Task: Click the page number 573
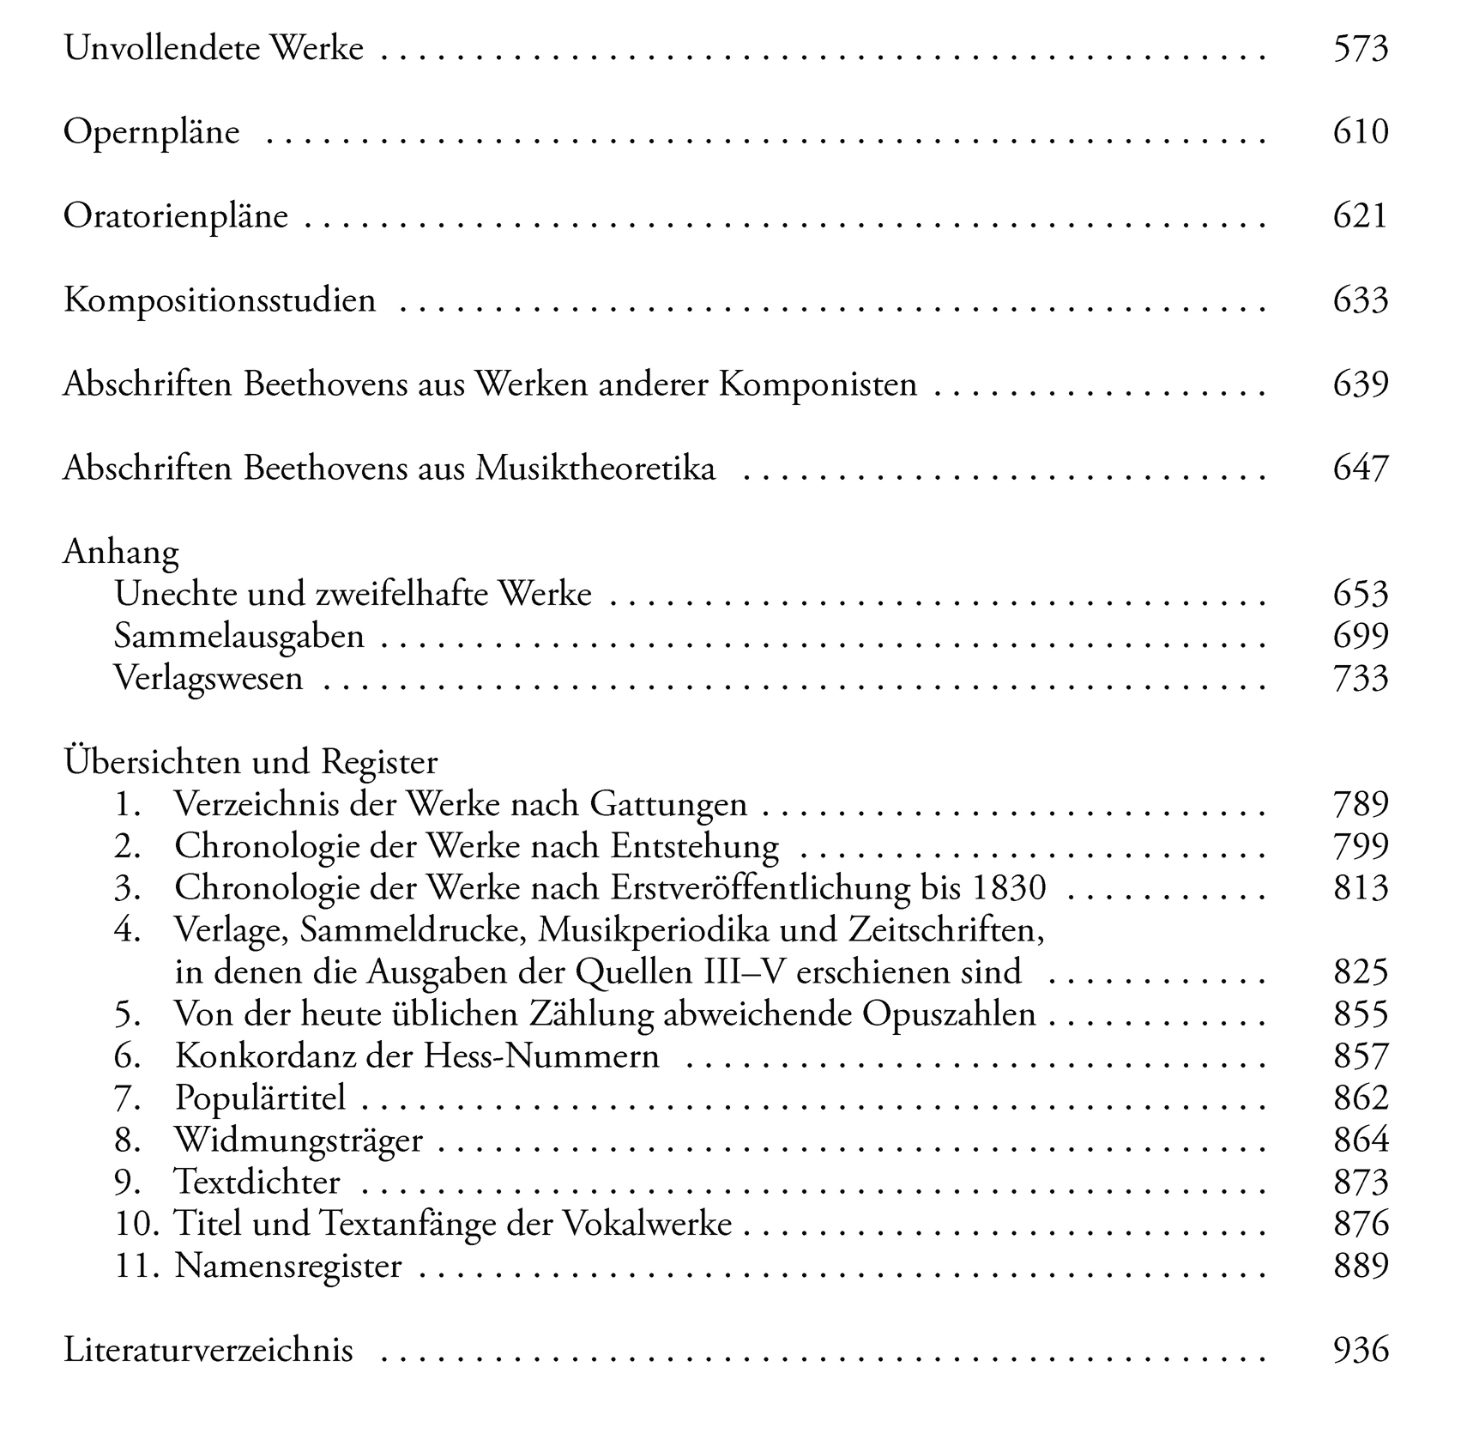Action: point(1360,49)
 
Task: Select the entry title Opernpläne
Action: point(152,133)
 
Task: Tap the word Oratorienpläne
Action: point(176,217)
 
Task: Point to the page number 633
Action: point(1360,300)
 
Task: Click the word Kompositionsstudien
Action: point(220,301)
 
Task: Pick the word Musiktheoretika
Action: point(595,469)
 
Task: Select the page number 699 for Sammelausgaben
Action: point(1360,636)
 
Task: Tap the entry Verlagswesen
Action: point(208,679)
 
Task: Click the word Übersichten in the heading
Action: point(156,762)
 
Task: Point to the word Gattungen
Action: point(668,805)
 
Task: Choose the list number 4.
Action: point(127,930)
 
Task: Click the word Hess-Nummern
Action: point(541,1056)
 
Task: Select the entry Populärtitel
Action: point(260,1098)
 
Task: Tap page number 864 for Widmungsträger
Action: point(1360,1140)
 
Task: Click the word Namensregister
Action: point(288,1267)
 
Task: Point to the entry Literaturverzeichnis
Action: point(208,1350)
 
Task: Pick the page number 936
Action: point(1360,1350)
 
